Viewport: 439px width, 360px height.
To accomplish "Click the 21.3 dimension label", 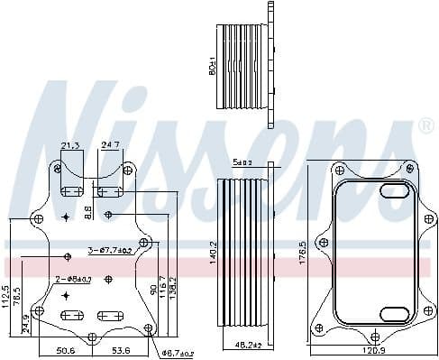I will pyautogui.click(x=69, y=144).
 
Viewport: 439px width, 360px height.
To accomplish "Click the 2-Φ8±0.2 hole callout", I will pyautogui.click(x=74, y=280).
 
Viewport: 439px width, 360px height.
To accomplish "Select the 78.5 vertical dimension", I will pyautogui.click(x=16, y=298).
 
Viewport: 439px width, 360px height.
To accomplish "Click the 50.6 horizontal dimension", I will pyautogui.click(x=64, y=351).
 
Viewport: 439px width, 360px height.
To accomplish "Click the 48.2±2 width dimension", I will pyautogui.click(x=247, y=346).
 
